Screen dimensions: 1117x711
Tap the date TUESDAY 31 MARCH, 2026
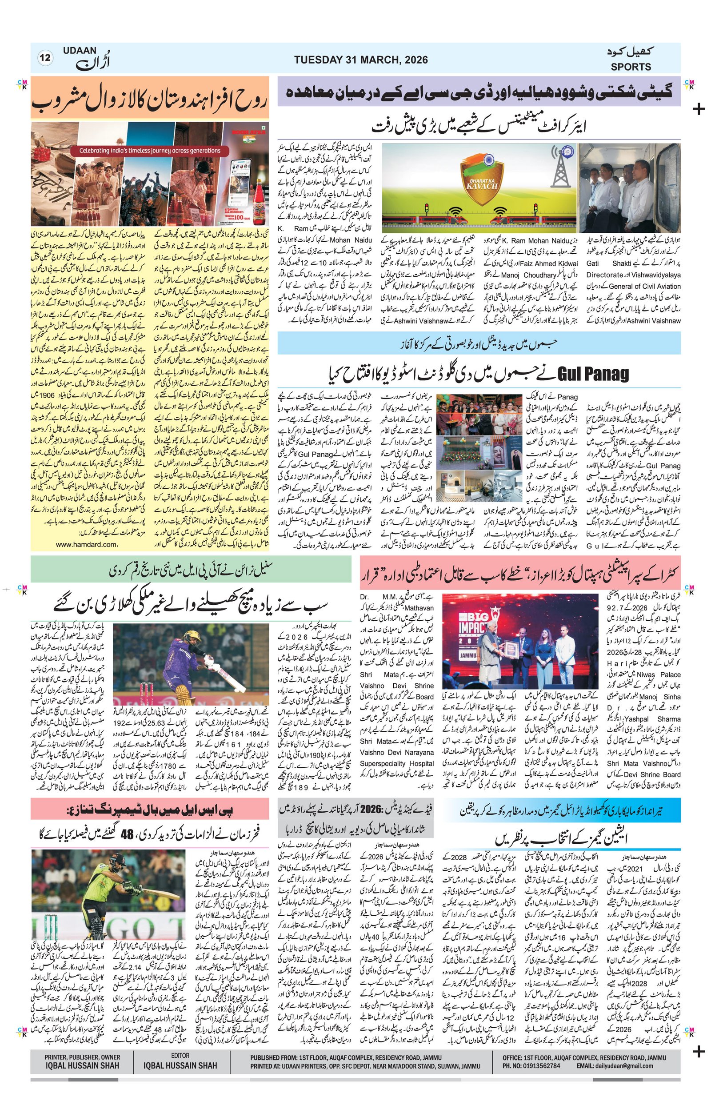point(360,60)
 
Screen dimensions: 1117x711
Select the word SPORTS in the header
point(631,67)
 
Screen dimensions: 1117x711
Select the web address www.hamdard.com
point(86,545)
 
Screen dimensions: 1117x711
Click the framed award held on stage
point(511,649)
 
